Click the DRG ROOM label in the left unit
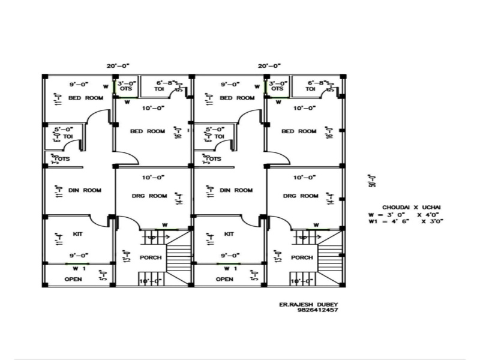(x=149, y=196)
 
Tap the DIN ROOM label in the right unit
(x=236, y=190)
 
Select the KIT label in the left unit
(x=77, y=233)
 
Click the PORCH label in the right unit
(x=301, y=257)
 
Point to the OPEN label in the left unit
(x=73, y=279)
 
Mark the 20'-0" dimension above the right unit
(x=269, y=65)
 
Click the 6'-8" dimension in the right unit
(x=317, y=83)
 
